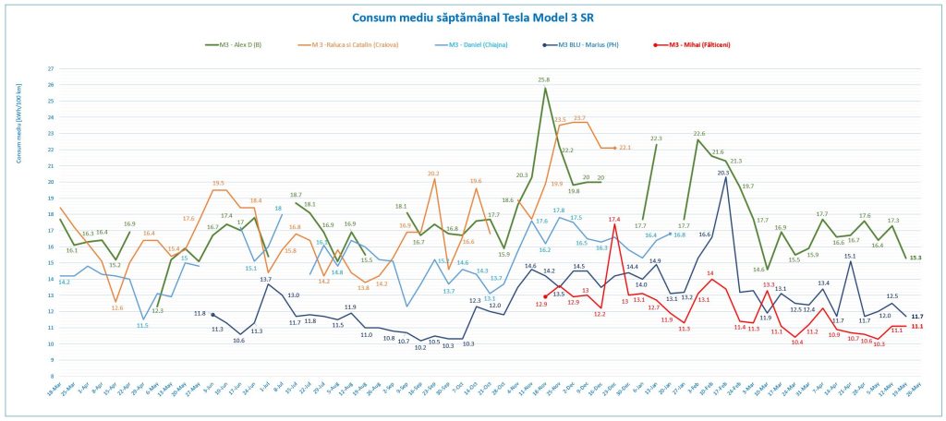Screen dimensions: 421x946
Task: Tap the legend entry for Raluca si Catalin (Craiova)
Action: (357, 44)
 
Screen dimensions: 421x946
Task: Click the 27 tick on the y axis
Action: (50, 68)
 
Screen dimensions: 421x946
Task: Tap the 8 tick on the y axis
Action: (50, 377)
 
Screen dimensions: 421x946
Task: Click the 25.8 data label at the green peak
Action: (544, 80)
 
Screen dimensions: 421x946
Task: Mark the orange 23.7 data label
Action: (579, 118)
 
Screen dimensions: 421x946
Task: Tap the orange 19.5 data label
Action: (219, 183)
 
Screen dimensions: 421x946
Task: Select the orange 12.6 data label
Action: (116, 307)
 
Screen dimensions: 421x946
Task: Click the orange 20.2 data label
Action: (433, 174)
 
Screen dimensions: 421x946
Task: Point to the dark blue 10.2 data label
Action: (420, 349)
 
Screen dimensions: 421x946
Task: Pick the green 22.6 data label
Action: (699, 134)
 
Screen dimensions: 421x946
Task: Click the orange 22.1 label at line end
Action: (625, 148)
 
